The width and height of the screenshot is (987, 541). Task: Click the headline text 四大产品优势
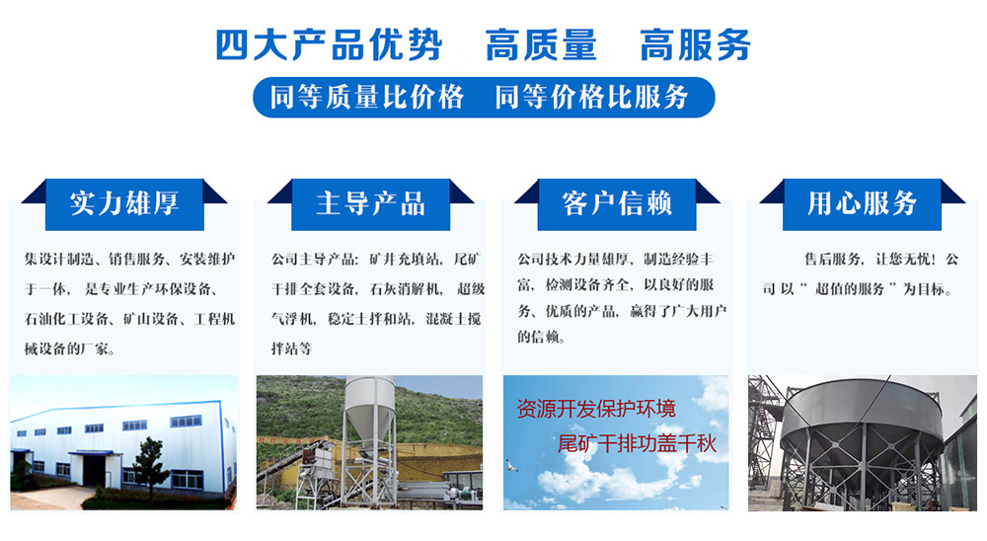(329, 45)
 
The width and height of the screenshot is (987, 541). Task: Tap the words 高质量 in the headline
(541, 45)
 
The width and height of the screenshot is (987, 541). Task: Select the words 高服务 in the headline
(696, 45)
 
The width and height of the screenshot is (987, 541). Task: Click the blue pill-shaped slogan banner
(484, 97)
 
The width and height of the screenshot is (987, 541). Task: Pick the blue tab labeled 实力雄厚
(124, 204)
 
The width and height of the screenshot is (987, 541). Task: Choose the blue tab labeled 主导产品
(371, 204)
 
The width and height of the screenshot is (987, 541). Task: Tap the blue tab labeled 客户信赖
(617, 204)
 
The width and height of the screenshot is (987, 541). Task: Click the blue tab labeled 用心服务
(863, 204)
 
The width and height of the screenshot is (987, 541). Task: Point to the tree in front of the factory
(150, 467)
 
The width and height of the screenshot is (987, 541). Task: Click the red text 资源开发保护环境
(596, 409)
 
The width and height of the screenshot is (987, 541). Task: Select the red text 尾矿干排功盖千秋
(637, 444)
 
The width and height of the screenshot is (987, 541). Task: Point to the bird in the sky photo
(511, 466)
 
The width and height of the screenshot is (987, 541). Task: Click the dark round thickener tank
(861, 416)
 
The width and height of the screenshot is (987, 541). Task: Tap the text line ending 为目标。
(859, 289)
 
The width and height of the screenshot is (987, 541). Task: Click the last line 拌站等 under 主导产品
(291, 348)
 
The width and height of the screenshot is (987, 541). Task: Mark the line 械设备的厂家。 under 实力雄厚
(70, 348)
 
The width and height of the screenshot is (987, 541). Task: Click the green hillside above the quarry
(301, 403)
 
